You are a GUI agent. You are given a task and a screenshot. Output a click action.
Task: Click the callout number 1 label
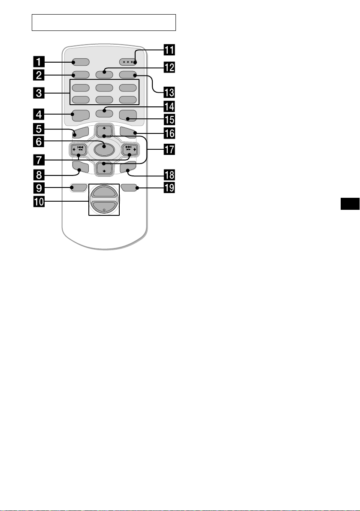pos(39,62)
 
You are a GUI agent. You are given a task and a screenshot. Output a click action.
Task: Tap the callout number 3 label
pos(39,93)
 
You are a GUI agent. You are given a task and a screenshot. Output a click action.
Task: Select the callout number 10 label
pos(39,202)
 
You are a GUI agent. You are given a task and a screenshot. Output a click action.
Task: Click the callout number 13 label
pos(169,92)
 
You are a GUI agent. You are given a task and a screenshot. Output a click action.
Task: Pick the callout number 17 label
pos(169,150)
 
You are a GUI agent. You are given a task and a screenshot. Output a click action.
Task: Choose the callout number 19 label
pos(169,188)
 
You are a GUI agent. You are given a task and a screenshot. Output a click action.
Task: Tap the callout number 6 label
pos(39,142)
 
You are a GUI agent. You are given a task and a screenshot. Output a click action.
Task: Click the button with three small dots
pos(128,62)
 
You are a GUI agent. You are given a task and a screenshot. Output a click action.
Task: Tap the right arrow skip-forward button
pos(130,150)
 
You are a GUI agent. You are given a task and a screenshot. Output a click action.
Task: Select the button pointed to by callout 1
pos(81,62)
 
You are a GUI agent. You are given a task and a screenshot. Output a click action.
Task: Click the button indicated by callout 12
pos(104,74)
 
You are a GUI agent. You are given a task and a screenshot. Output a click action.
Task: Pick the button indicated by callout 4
pos(81,116)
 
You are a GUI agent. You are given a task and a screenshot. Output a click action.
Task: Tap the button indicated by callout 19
pos(129,187)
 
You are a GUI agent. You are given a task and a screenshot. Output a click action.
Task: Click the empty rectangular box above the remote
pos(104,22)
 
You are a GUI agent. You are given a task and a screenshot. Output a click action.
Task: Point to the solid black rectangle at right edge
pos(350,204)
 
